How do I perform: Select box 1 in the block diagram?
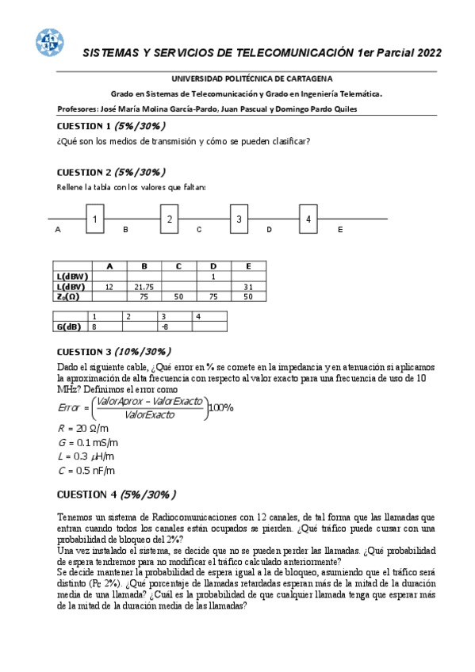(x=94, y=219)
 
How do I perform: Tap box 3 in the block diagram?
(x=239, y=219)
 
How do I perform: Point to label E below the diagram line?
(x=339, y=229)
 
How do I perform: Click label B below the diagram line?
(x=125, y=229)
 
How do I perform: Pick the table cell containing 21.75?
(x=144, y=286)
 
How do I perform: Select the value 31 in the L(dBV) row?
(x=248, y=286)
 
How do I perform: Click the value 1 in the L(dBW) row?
(x=213, y=276)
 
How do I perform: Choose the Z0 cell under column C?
(x=179, y=296)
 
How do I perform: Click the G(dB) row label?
(x=71, y=326)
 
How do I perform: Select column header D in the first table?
(x=213, y=265)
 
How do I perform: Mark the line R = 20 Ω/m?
(x=83, y=428)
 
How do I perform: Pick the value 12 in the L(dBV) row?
(x=109, y=286)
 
